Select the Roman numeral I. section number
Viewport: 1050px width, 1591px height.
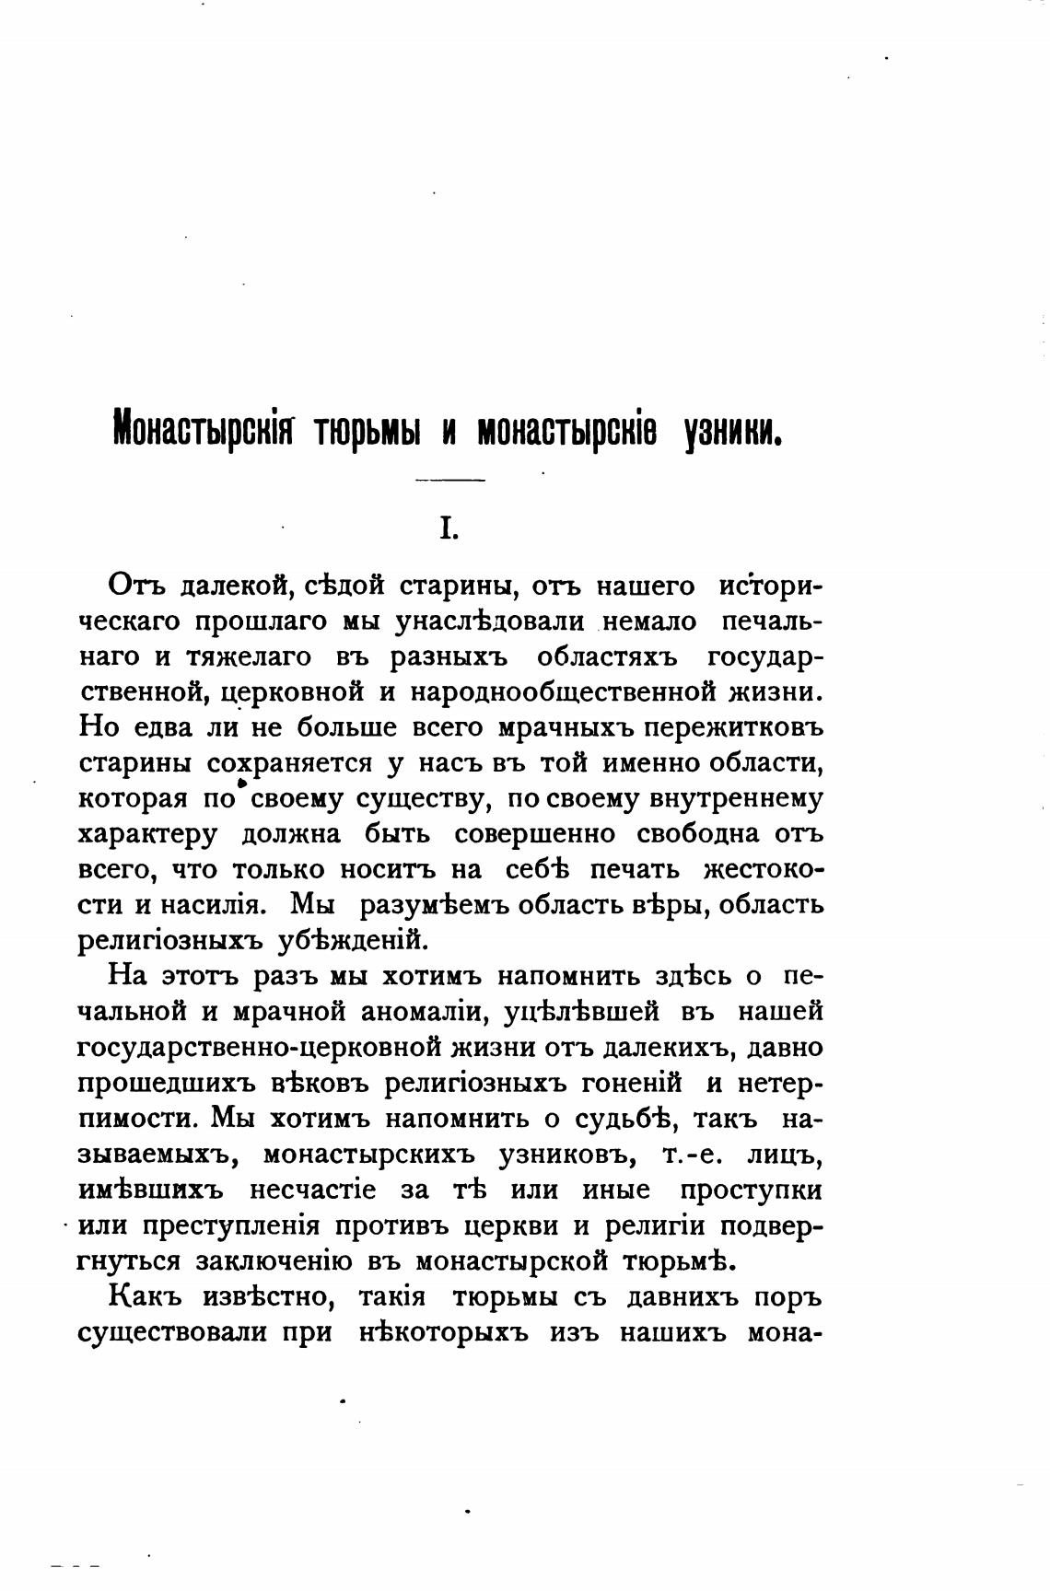click(448, 528)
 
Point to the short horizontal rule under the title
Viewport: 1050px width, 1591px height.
click(449, 481)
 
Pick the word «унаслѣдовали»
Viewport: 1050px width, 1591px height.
click(489, 621)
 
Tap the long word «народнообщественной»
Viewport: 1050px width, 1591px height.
click(547, 691)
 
